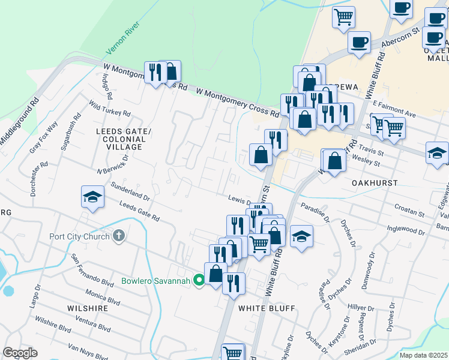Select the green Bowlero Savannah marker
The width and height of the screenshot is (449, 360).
coord(199,280)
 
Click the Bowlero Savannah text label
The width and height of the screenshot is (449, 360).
coord(156,281)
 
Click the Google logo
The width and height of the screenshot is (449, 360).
coord(20,353)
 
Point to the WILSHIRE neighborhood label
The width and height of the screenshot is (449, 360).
coord(88,308)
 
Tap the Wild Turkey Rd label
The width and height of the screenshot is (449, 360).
coord(109,108)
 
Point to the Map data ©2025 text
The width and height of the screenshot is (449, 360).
coord(424,355)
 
